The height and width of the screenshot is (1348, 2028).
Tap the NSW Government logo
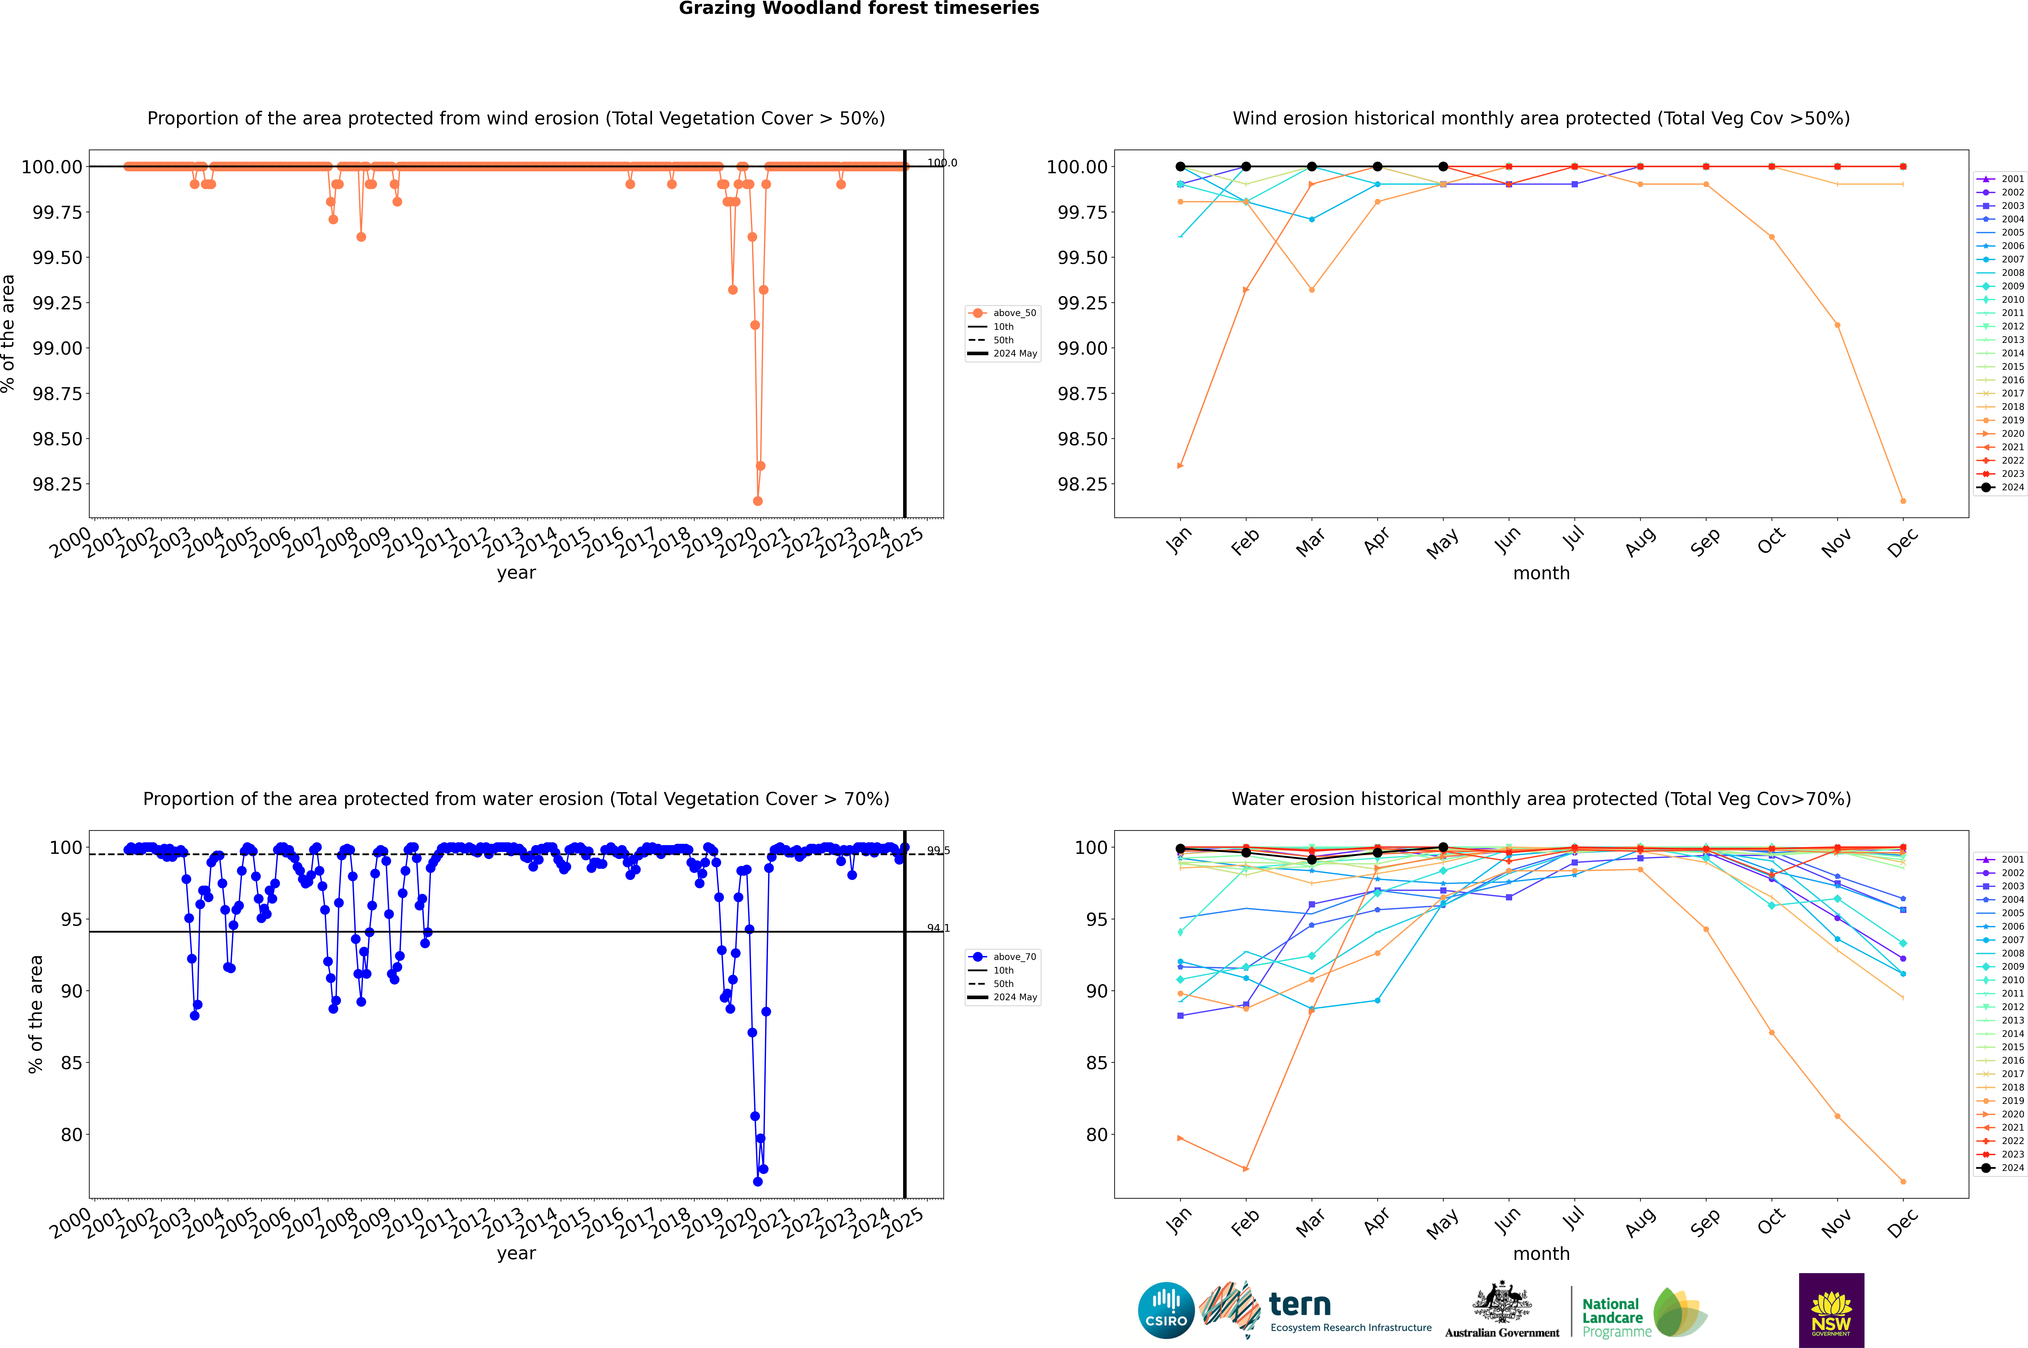(x=1831, y=1310)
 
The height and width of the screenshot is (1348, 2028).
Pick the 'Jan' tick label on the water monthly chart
(x=1180, y=1222)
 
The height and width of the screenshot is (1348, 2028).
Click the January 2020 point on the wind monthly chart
(x=1180, y=466)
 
